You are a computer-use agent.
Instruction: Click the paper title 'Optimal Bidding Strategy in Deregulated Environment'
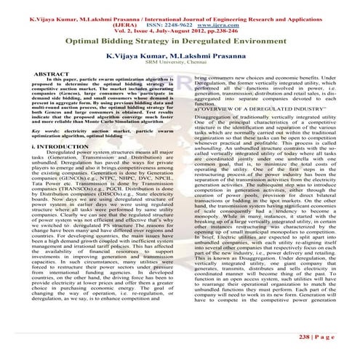179,43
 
